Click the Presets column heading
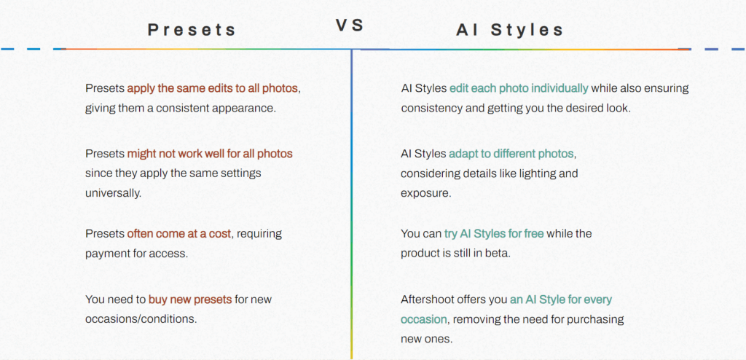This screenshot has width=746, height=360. click(x=192, y=30)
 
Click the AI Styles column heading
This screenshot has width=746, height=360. click(x=510, y=30)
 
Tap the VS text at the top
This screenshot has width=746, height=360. click(x=350, y=25)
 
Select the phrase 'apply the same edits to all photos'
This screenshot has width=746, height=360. click(x=213, y=88)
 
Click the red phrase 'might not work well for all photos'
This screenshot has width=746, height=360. click(x=210, y=154)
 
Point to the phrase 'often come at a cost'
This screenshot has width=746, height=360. click(x=179, y=234)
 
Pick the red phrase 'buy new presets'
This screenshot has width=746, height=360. click(x=190, y=300)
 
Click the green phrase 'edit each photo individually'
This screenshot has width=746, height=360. click(x=519, y=88)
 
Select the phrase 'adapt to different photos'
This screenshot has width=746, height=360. click(x=511, y=154)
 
